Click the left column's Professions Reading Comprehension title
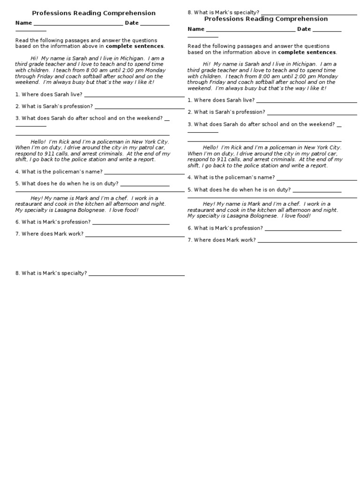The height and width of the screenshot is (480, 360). point(94,13)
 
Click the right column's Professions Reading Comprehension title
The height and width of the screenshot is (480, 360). point(266,19)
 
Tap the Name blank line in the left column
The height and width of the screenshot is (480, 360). point(78,25)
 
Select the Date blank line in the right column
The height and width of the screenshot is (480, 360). point(327,31)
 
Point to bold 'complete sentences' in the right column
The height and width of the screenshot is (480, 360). point(307,52)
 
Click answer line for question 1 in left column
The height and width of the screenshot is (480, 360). point(134,97)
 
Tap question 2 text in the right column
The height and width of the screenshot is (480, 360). point(226,112)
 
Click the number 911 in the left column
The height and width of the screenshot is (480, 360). point(46,153)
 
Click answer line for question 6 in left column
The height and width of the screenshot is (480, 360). point(131,224)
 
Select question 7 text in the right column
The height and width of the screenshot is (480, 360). point(222,240)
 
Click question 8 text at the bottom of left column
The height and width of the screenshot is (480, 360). point(51,273)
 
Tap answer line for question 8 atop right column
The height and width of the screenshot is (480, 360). point(309,15)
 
